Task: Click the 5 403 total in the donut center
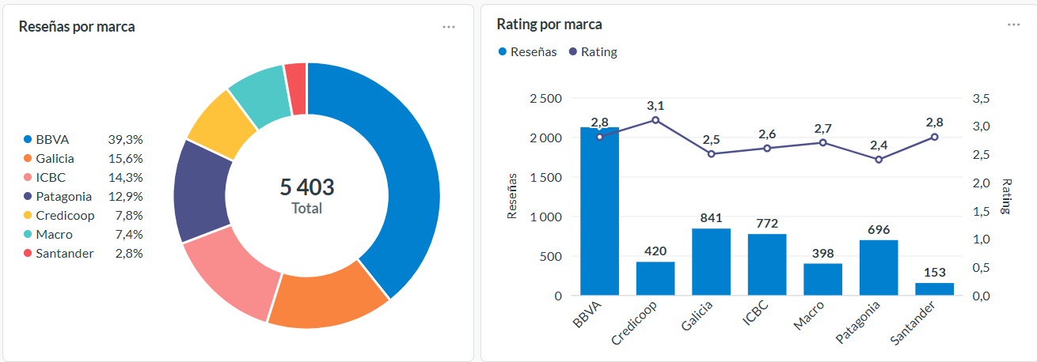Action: tap(307, 187)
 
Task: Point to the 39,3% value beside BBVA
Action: tap(125, 139)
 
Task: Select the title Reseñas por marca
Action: tap(77, 26)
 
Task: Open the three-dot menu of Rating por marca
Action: tap(1013, 25)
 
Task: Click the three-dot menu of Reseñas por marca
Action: tap(449, 26)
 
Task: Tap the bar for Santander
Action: tap(934, 289)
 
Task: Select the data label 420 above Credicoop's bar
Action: tap(655, 251)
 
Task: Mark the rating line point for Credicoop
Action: tap(655, 120)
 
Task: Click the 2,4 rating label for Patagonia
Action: tap(879, 145)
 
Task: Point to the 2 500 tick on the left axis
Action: tap(545, 98)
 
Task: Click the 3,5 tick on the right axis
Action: tap(981, 98)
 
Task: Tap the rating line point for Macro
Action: tap(822, 142)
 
